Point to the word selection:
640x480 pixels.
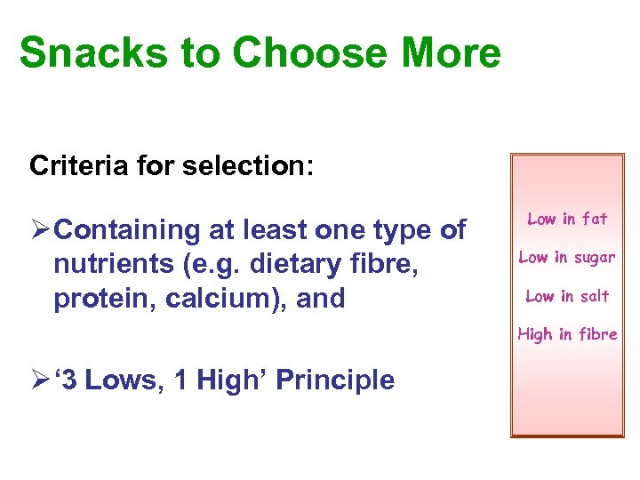point(244,165)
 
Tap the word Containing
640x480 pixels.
point(133,230)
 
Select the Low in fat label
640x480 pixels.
point(567,219)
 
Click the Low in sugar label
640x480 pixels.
point(567,258)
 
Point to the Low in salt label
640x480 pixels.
point(567,296)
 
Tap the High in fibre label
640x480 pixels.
point(567,334)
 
